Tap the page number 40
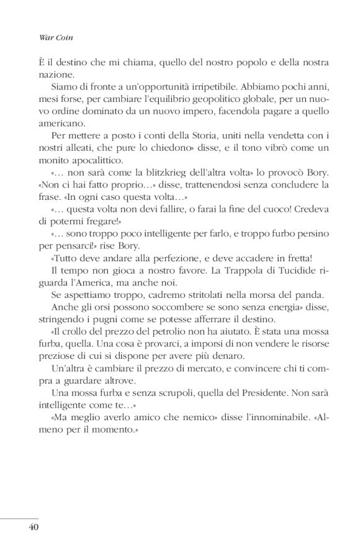(34, 527)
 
